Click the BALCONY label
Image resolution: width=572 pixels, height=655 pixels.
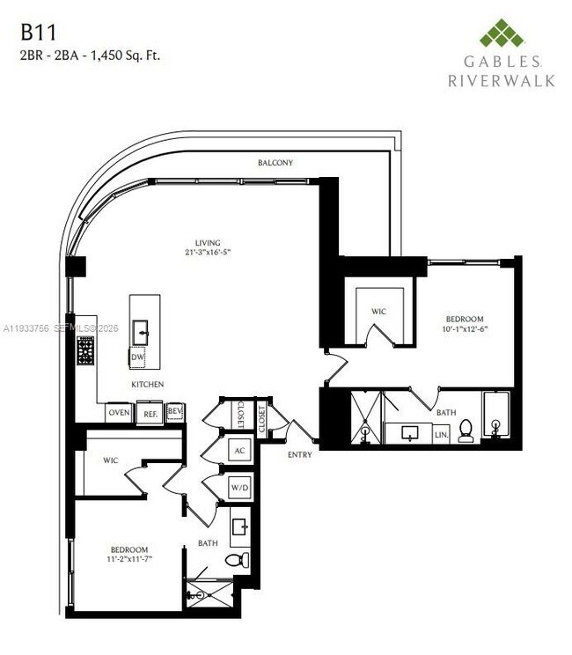click(275, 163)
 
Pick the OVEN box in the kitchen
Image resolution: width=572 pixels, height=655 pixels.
click(119, 412)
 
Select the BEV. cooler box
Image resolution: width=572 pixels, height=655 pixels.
click(175, 412)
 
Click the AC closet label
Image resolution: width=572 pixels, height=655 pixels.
click(238, 450)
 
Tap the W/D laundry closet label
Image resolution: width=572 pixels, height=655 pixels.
click(238, 486)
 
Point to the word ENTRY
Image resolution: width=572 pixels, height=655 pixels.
click(299, 454)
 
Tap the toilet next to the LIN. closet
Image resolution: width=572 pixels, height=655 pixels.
click(466, 431)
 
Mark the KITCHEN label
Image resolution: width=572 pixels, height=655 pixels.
click(147, 386)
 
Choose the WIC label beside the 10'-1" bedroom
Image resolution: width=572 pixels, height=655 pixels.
click(378, 312)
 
